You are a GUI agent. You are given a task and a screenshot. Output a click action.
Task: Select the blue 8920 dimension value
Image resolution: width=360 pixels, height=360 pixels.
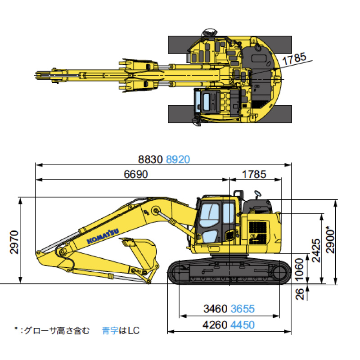click(178, 159)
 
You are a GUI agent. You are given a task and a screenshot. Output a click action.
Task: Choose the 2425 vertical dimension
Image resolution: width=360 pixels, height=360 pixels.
click(315, 251)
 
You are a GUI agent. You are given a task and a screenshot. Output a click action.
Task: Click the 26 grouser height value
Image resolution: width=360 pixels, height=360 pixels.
click(300, 293)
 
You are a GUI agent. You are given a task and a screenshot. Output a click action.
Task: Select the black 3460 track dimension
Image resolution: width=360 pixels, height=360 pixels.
click(216, 309)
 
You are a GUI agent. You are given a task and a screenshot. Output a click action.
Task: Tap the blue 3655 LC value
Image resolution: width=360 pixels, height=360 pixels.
click(243, 309)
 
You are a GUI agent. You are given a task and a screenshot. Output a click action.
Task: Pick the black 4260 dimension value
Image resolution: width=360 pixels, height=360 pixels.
click(216, 324)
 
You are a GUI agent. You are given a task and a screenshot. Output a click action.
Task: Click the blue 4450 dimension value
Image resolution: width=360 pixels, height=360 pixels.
click(243, 324)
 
